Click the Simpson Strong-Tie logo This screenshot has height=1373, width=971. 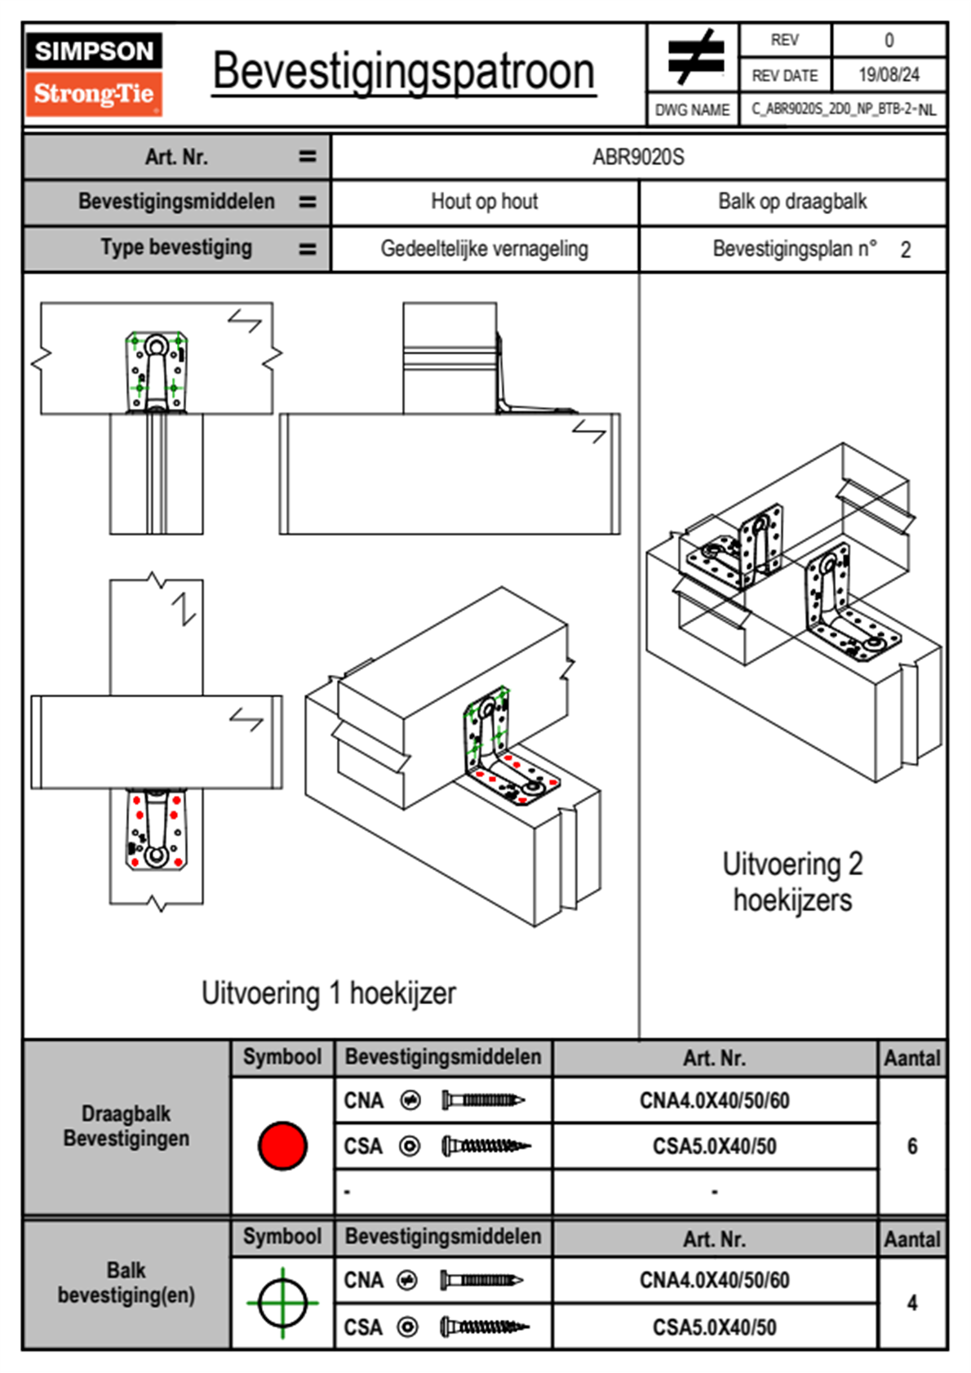click(x=93, y=73)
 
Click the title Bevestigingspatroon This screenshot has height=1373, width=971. click(x=403, y=72)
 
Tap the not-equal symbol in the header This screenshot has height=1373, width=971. click(x=695, y=57)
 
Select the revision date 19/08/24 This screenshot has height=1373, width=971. click(x=889, y=75)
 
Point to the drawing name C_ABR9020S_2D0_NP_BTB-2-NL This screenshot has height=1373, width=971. click(x=844, y=109)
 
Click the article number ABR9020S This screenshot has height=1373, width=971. click(x=638, y=157)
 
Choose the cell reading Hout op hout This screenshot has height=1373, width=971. click(x=485, y=202)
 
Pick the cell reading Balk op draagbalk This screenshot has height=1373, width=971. click(x=792, y=202)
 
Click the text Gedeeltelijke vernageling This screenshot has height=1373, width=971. click(x=485, y=249)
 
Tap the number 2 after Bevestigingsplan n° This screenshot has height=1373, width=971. click(x=906, y=250)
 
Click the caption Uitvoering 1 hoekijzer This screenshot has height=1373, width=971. click(x=328, y=993)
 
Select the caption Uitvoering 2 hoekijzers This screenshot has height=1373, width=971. click(x=792, y=882)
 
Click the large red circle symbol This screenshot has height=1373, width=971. click(x=282, y=1145)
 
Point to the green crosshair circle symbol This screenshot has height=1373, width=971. click(x=282, y=1302)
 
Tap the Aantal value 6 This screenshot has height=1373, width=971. click(x=912, y=1146)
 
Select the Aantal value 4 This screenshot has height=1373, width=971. click(x=912, y=1303)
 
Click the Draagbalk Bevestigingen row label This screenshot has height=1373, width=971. click(x=126, y=1126)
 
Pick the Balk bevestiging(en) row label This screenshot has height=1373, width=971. click(x=126, y=1282)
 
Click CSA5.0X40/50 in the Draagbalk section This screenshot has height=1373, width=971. click(x=715, y=1147)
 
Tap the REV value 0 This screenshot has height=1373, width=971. click(x=889, y=40)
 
